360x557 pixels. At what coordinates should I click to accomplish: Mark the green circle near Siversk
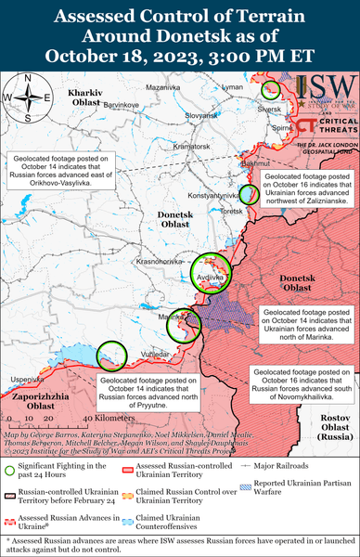click(x=270, y=90)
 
